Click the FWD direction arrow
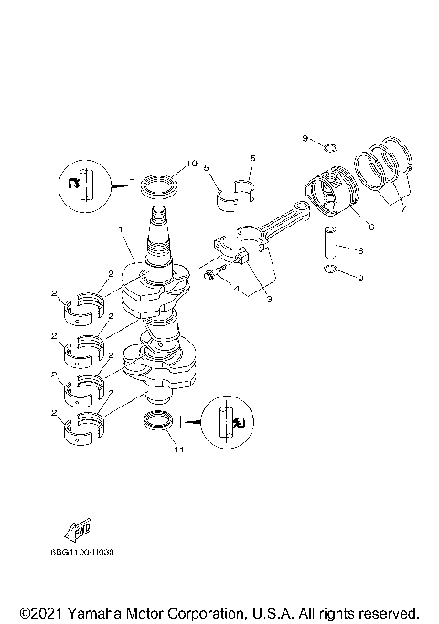[x=78, y=532]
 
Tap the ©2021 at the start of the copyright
[x=39, y=612]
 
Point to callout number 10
[x=190, y=164]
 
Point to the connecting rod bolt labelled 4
[x=214, y=273]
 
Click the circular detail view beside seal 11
[x=225, y=421]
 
